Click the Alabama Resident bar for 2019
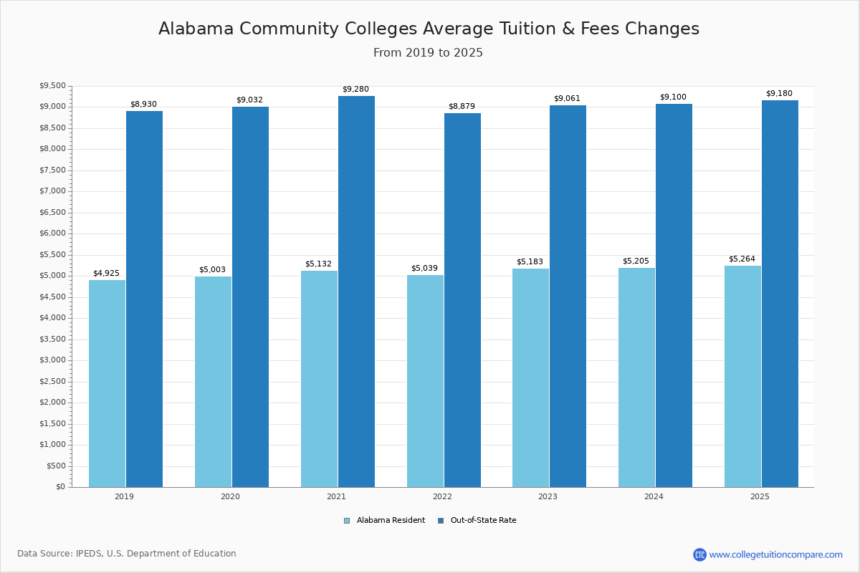[107, 383]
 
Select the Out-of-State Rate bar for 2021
[356, 292]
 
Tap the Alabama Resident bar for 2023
[530, 377]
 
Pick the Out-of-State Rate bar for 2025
[780, 294]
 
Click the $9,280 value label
[355, 90]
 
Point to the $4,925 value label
[106, 274]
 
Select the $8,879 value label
[462, 107]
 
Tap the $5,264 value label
[742, 259]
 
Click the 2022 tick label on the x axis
[442, 496]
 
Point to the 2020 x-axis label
[230, 496]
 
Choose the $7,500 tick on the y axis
[52, 170]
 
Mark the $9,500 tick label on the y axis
[52, 86]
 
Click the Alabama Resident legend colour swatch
[347, 521]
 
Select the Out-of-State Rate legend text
[483, 521]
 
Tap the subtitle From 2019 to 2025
[428, 53]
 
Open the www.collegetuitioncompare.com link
[775, 554]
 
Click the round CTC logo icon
[699, 554]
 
